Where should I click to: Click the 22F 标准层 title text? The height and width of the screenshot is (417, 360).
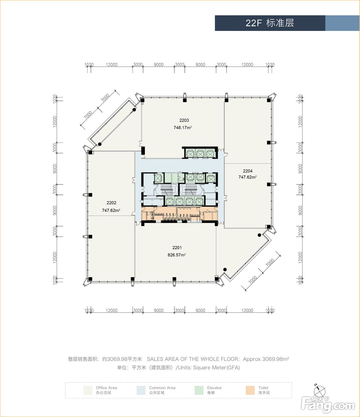270,23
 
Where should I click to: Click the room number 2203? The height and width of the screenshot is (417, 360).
184,120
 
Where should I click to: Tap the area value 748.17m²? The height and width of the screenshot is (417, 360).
183,127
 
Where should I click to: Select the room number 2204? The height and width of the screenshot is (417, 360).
248,171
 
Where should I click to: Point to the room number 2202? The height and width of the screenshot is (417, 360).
112,203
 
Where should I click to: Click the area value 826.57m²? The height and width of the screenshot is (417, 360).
176,255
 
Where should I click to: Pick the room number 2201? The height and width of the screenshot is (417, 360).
177,248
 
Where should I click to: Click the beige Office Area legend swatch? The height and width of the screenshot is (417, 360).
88,390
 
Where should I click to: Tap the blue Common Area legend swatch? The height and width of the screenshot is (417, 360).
141,390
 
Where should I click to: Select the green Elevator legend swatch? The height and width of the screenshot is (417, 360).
199,390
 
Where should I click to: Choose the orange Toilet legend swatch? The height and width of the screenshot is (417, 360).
250,390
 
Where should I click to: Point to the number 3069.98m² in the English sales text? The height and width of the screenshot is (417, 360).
276,359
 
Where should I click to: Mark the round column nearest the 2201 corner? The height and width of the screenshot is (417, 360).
225,270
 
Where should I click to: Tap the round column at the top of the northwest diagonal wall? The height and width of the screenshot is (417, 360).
134,110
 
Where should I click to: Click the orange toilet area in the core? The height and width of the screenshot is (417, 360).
179,214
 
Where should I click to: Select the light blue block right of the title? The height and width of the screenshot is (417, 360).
342,23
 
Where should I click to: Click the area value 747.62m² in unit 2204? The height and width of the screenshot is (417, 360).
248,177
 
